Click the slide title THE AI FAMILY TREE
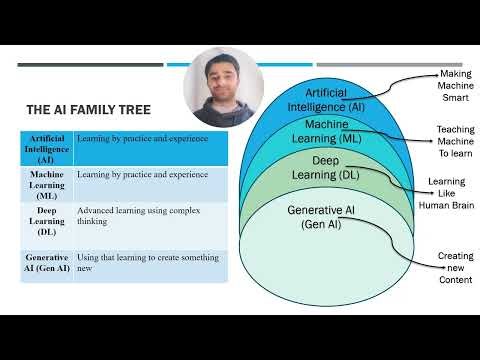click(x=88, y=111)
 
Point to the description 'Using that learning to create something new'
click(x=142, y=263)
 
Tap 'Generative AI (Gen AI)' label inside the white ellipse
click(x=322, y=217)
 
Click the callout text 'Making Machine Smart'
click(x=455, y=87)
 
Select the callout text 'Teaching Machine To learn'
click(x=455, y=142)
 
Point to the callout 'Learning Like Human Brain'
click(x=455, y=193)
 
